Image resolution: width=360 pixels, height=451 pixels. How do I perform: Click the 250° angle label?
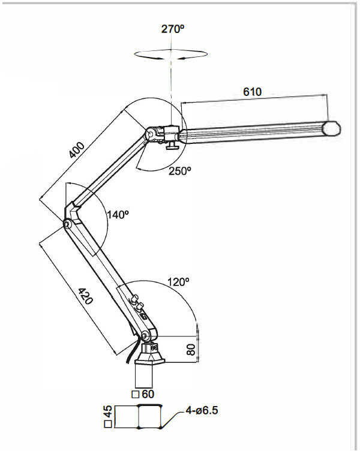coord(179,170)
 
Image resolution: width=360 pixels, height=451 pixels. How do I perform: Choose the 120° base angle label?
coord(178,281)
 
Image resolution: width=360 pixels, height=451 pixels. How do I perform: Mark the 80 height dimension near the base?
coord(191,350)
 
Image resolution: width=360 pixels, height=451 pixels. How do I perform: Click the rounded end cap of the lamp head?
coord(332,128)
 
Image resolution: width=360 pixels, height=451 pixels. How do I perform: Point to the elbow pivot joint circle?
coord(68,224)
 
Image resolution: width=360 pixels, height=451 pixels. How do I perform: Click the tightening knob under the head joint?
coord(173,148)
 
